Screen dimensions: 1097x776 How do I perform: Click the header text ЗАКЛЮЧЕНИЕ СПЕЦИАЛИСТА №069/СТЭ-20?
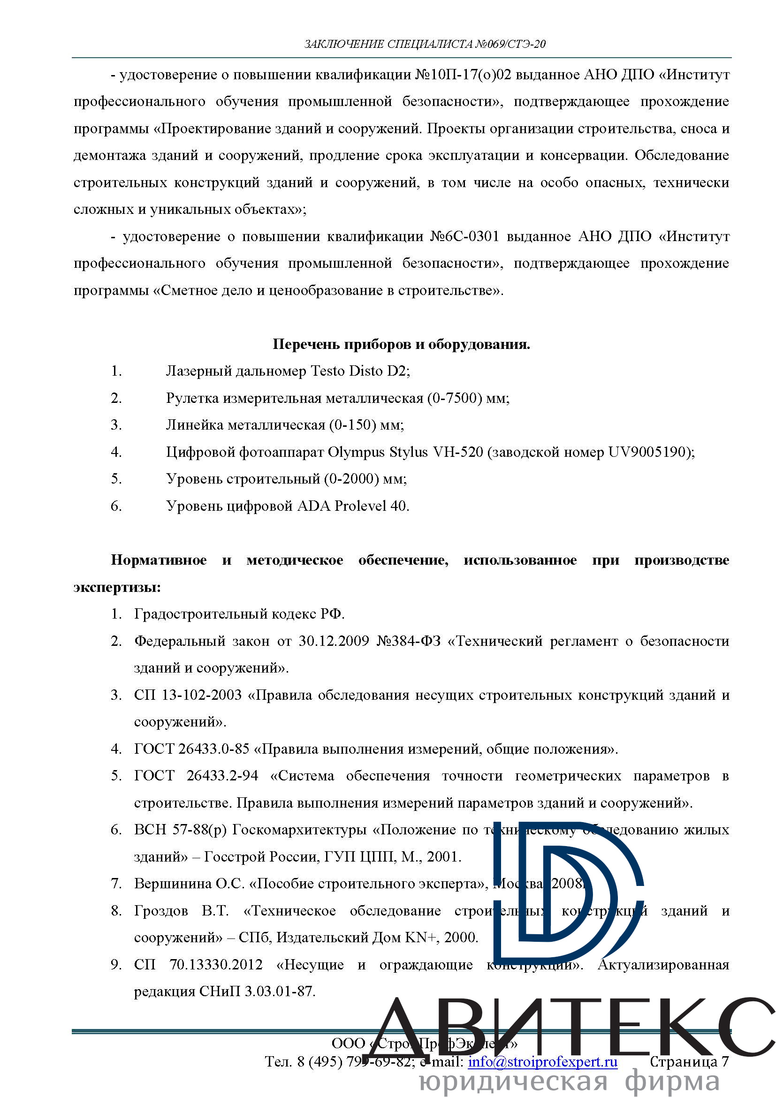[x=425, y=45]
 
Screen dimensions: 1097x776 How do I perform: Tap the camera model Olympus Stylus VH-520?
[x=405, y=452]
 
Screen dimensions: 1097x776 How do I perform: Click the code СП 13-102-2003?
[x=188, y=695]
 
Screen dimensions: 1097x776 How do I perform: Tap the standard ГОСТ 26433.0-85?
[x=191, y=749]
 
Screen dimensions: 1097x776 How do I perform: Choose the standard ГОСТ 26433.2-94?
[x=196, y=776]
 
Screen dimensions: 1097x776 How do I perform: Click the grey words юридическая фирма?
[x=569, y=1082]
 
